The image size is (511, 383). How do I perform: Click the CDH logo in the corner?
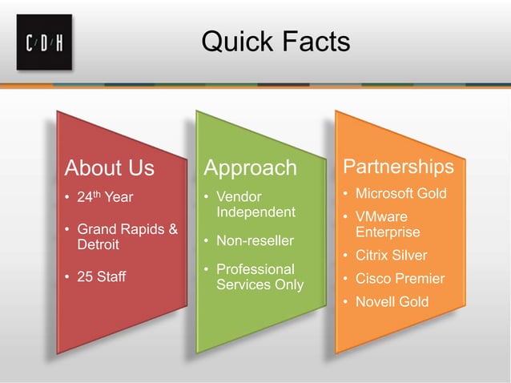(44, 42)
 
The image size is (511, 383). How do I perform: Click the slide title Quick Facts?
(275, 41)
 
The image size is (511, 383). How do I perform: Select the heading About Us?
(109, 168)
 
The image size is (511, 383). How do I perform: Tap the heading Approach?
(250, 168)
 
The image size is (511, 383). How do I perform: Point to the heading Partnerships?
(398, 167)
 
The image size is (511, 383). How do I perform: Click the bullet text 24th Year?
(105, 197)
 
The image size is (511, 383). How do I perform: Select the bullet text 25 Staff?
(101, 277)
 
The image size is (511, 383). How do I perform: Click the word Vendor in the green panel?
(239, 197)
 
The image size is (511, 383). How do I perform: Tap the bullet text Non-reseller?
(255, 240)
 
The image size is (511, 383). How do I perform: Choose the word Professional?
(255, 269)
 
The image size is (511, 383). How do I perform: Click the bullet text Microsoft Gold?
(400, 194)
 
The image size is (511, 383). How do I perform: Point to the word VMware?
(381, 217)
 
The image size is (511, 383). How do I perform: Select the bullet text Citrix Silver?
(391, 256)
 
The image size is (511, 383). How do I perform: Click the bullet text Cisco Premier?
(400, 279)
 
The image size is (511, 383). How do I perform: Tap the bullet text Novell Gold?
(392, 302)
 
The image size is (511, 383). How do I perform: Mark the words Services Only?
(260, 284)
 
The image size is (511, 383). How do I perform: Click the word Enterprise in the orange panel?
(388, 232)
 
